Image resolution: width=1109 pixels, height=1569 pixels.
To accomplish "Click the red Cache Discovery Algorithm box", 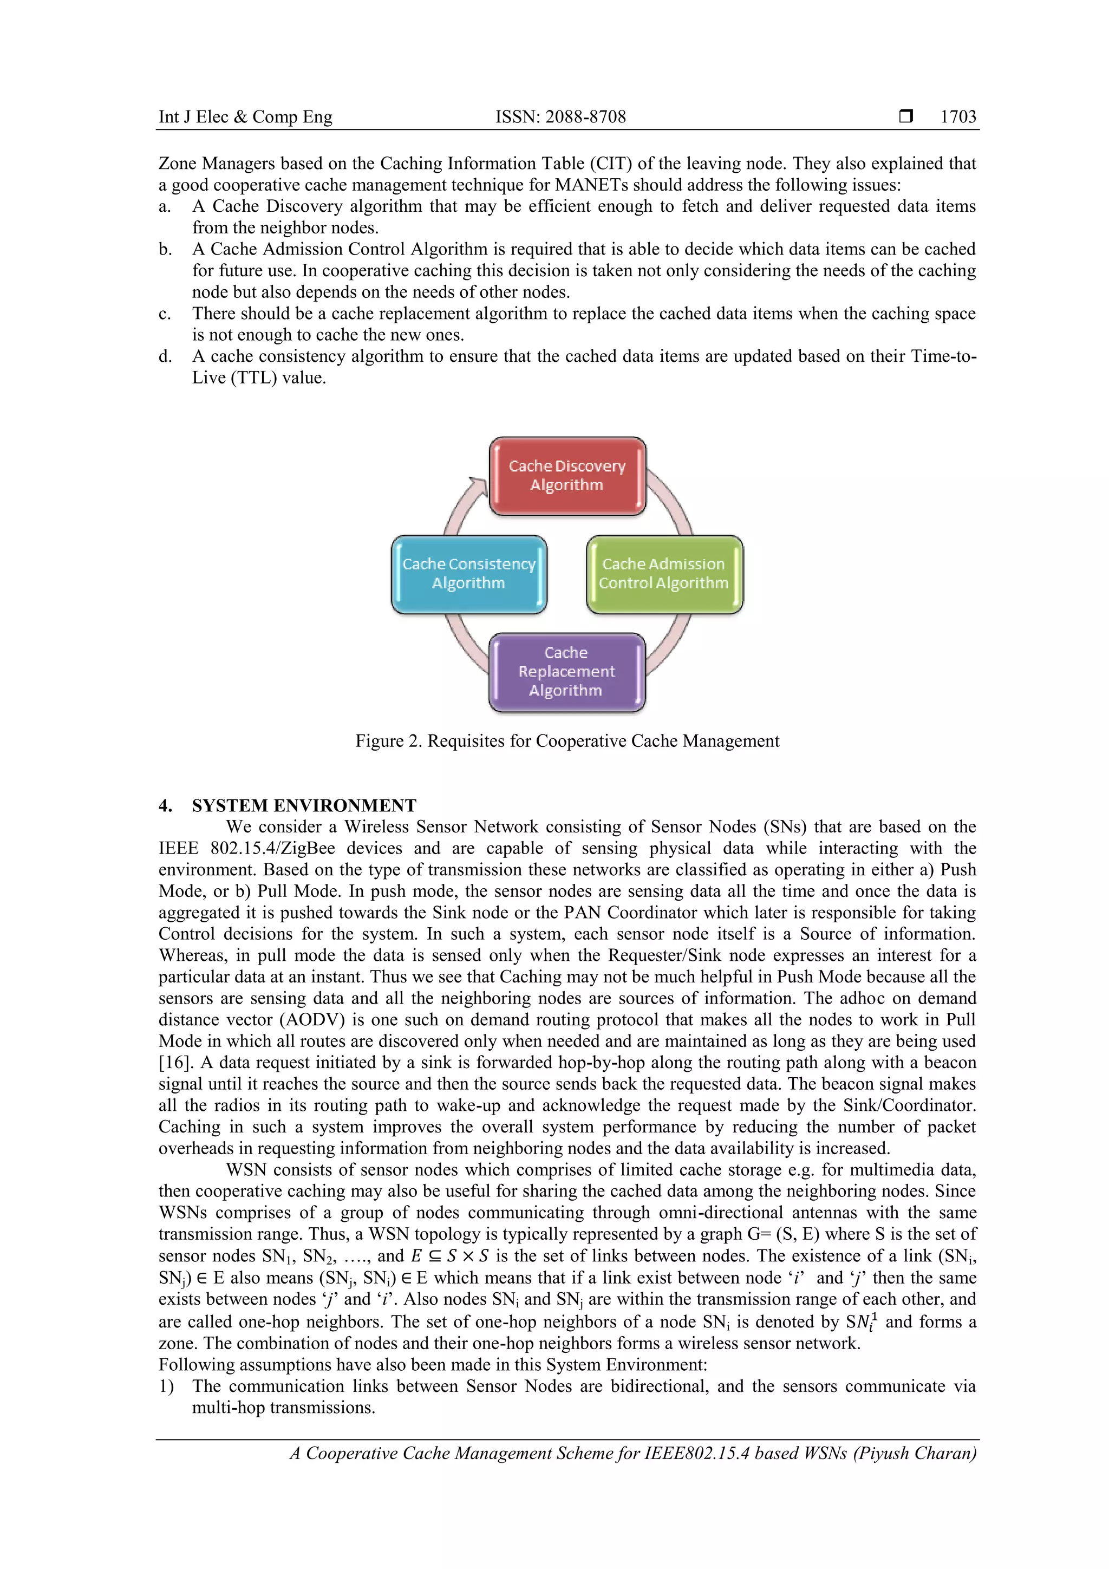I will click(x=567, y=476).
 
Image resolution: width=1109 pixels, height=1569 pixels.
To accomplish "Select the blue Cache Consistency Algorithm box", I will click(x=469, y=574).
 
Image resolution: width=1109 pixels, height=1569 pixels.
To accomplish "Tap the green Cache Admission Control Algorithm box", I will click(x=664, y=574).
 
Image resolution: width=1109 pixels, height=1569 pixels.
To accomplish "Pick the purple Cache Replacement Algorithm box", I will click(x=566, y=672).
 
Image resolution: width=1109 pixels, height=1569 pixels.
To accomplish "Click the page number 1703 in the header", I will click(x=958, y=117).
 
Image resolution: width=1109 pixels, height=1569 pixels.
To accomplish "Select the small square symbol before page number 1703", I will click(x=905, y=116).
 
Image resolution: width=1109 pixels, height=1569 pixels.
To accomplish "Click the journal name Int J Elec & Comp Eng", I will click(x=245, y=117).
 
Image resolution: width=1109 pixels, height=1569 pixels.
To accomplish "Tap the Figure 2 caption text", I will click(x=566, y=741).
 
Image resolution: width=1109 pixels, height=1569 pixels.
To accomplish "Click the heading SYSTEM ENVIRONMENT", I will click(x=304, y=806).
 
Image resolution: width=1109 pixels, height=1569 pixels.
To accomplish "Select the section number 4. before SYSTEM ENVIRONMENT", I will click(x=165, y=806).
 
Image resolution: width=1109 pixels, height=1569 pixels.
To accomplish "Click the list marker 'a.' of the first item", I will click(x=165, y=206).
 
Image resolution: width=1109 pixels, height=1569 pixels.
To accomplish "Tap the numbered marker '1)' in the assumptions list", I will click(x=166, y=1386).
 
